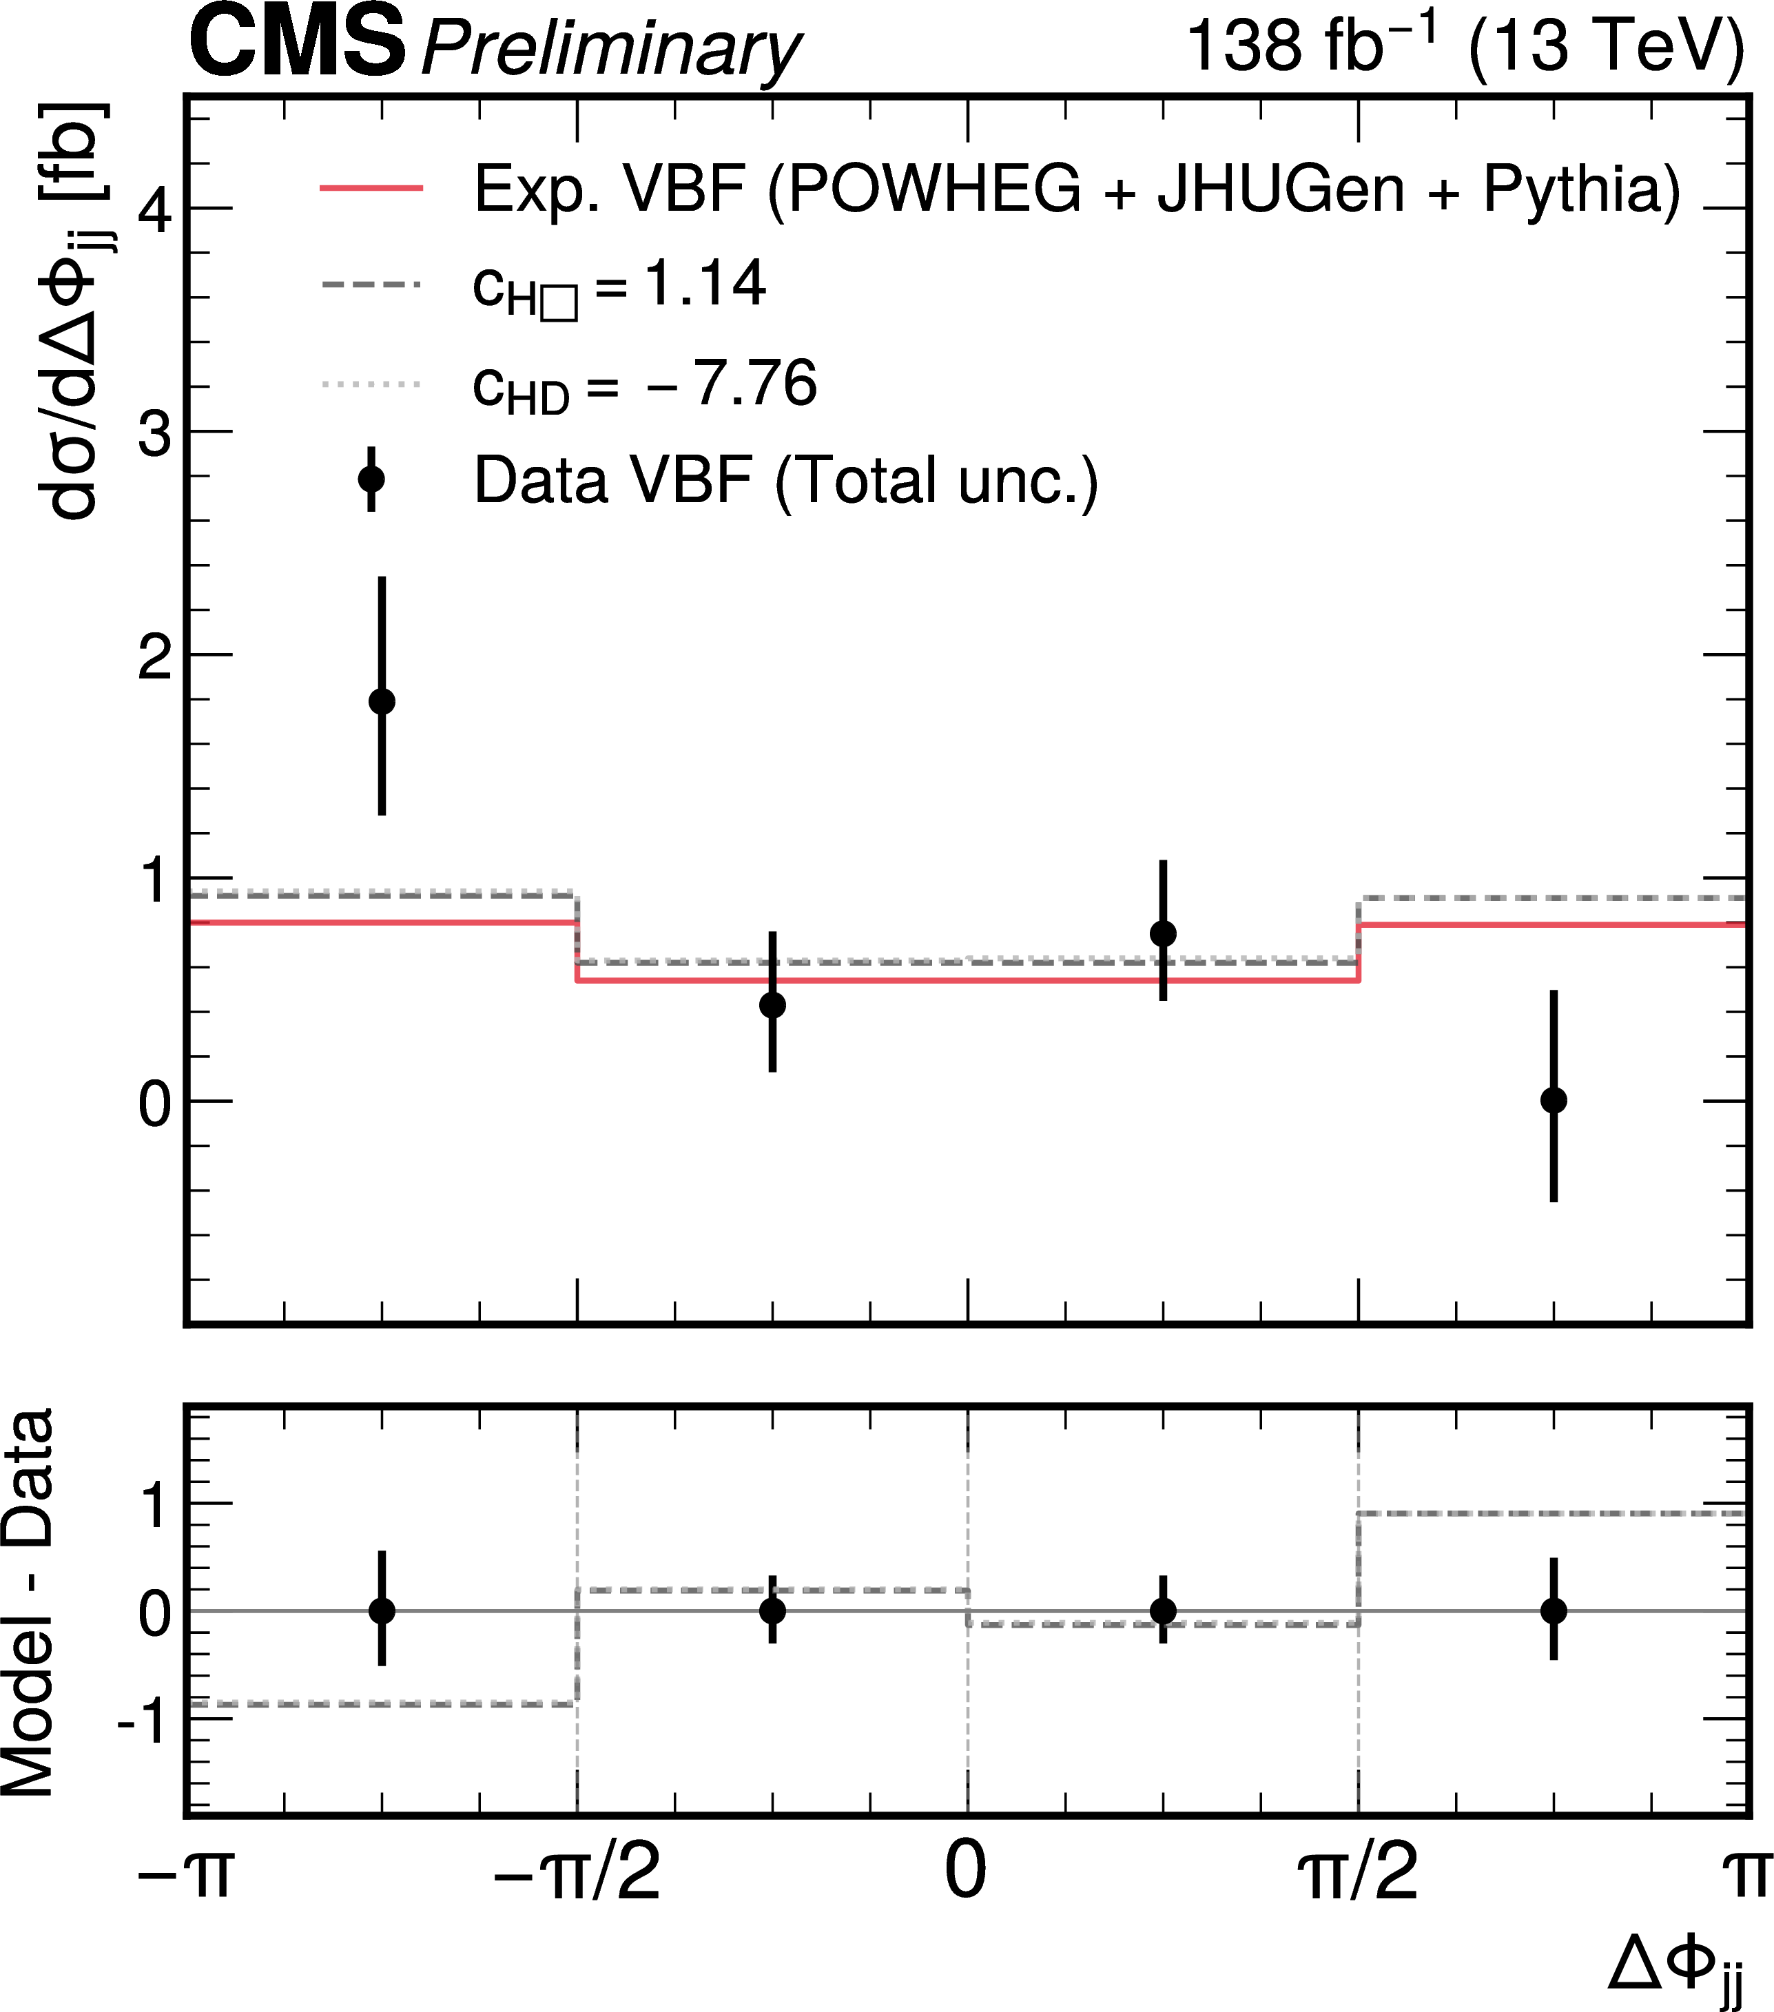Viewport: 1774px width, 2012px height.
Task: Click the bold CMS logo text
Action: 298,43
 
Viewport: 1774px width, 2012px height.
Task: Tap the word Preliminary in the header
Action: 610,49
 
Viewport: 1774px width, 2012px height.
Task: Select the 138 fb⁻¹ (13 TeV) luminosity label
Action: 1464,45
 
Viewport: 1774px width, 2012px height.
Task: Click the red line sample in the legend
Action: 371,187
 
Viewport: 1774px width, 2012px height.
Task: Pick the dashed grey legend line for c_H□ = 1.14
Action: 371,284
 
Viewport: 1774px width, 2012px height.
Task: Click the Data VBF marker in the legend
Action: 371,479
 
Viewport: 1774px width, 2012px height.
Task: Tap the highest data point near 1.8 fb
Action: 382,701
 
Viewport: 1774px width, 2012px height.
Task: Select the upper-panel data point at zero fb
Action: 1554,1101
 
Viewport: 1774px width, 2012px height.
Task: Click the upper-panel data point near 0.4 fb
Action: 773,1005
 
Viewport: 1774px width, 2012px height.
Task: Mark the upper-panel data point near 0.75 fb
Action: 1163,933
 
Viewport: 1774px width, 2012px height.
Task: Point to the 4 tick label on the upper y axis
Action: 156,209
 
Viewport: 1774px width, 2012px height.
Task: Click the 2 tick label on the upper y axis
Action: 156,656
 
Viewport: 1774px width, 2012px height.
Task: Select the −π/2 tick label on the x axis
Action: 577,1871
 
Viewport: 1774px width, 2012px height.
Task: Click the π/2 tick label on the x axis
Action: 1359,1871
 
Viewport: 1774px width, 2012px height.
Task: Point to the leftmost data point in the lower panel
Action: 382,1611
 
